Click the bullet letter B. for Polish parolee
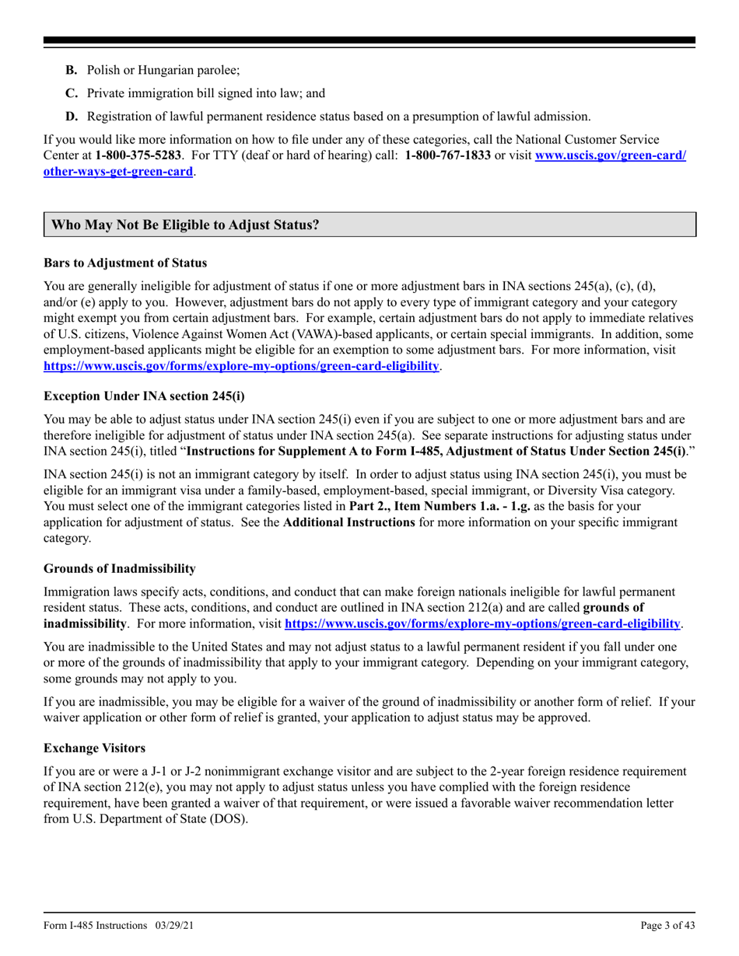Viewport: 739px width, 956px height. pyautogui.click(x=71, y=70)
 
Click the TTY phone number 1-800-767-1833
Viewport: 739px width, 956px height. pyautogui.click(x=447, y=155)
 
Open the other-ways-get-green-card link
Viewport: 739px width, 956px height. pyautogui.click(x=118, y=171)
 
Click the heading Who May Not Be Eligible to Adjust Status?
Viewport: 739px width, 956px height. pyautogui.click(x=185, y=225)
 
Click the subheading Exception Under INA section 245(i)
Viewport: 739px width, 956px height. pyautogui.click(x=144, y=396)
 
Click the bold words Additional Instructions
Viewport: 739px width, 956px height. pyautogui.click(x=348, y=522)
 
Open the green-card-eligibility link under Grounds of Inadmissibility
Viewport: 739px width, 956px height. pyautogui.click(x=482, y=623)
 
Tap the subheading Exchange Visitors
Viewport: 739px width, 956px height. pyautogui.click(x=94, y=748)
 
